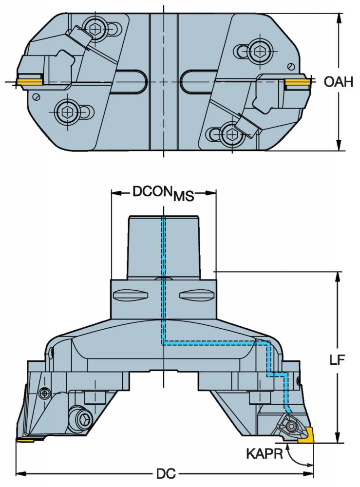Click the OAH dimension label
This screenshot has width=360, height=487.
[x=339, y=82]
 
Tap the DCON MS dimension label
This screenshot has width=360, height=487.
[x=163, y=193]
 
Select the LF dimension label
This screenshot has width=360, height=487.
[x=337, y=360]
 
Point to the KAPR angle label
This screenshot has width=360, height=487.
[x=265, y=454]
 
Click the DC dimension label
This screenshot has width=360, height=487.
[x=166, y=474]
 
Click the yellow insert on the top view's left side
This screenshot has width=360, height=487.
[x=30, y=81]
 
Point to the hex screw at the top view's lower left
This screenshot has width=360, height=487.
[x=67, y=111]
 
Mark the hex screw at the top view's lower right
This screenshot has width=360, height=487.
[x=231, y=134]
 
